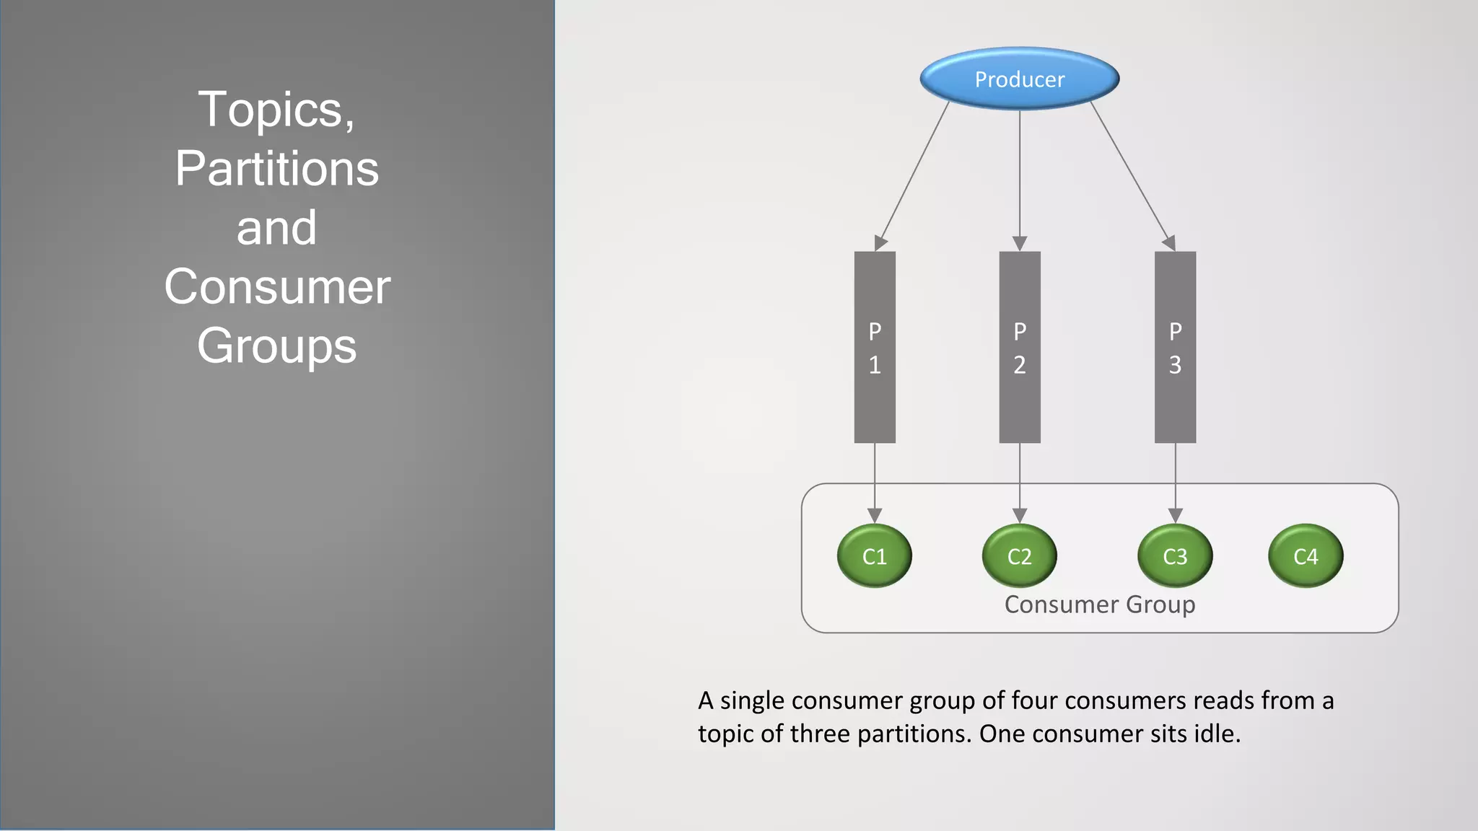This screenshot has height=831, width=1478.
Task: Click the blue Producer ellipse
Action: [x=1019, y=79]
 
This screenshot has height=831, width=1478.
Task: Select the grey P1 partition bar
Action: [x=875, y=347]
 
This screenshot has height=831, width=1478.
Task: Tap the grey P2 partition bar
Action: [x=1019, y=347]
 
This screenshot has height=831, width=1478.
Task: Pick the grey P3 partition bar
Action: [x=1175, y=347]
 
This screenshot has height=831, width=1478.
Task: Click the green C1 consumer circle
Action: [x=874, y=555]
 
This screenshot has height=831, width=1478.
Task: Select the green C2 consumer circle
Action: [x=1019, y=555]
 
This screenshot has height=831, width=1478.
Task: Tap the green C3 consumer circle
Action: [x=1175, y=555]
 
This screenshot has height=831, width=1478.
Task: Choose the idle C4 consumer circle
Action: [x=1306, y=555]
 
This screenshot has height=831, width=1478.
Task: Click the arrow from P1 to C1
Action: [x=875, y=480]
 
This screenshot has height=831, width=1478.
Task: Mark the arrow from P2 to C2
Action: [x=1019, y=480]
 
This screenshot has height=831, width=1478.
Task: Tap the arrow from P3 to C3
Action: [x=1175, y=480]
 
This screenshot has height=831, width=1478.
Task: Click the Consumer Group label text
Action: [x=1099, y=604]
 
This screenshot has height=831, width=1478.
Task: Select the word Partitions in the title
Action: [x=276, y=169]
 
